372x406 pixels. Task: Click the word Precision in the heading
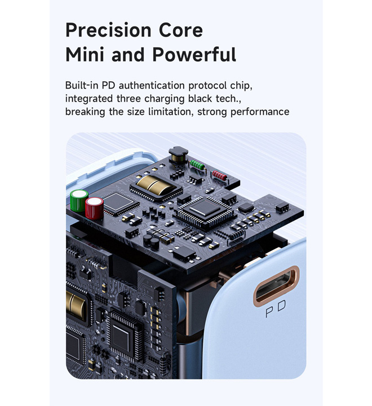point(108,30)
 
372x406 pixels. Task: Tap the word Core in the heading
point(181,30)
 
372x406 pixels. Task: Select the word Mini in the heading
point(85,54)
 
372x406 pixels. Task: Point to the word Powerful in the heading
point(194,54)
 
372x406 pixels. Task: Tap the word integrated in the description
point(89,99)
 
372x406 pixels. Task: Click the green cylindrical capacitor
point(79,201)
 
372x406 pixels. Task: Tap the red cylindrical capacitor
point(94,208)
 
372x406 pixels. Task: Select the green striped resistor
point(197,165)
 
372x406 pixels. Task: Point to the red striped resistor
point(220,176)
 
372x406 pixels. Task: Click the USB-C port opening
point(276,286)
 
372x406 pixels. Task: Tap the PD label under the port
point(276,308)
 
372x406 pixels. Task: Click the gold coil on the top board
point(154,185)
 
